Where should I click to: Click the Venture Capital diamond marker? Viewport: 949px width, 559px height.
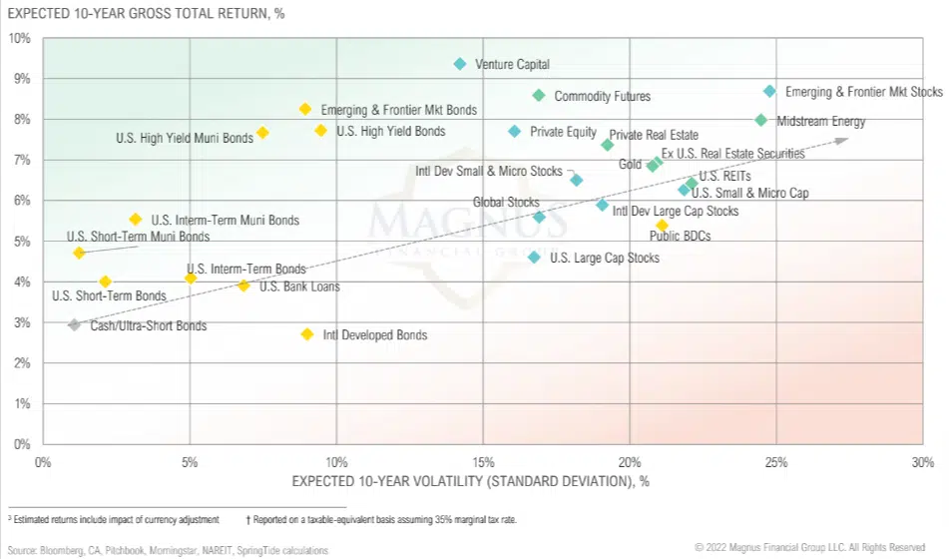pyautogui.click(x=460, y=64)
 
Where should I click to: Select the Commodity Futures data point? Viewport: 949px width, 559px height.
pyautogui.click(x=539, y=96)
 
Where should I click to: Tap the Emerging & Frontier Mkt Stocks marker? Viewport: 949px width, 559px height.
pyautogui.click(x=769, y=91)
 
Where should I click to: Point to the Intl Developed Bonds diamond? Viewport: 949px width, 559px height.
pyautogui.click(x=307, y=334)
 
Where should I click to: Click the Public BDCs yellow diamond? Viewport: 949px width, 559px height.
pyautogui.click(x=662, y=226)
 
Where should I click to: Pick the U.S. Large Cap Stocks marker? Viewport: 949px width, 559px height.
pyautogui.click(x=534, y=258)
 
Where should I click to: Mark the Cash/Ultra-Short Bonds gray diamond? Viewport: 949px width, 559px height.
pyautogui.click(x=74, y=325)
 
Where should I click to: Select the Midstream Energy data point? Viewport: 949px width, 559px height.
pyautogui.click(x=761, y=121)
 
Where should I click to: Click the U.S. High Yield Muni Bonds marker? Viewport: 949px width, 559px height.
pyautogui.click(x=262, y=133)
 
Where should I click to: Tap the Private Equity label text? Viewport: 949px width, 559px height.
pyautogui.click(x=563, y=132)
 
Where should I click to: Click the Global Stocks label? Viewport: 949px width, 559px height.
pyautogui.click(x=505, y=203)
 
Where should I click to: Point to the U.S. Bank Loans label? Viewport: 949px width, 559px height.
pyautogui.click(x=299, y=286)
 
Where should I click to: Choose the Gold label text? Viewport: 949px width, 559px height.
pyautogui.click(x=630, y=165)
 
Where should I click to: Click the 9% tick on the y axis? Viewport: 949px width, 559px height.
pyautogui.click(x=20, y=79)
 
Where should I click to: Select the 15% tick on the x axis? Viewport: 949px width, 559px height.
pyautogui.click(x=483, y=462)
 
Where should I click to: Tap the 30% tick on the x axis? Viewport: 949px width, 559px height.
pyautogui.click(x=923, y=462)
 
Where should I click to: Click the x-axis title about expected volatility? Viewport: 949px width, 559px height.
pyautogui.click(x=470, y=481)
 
